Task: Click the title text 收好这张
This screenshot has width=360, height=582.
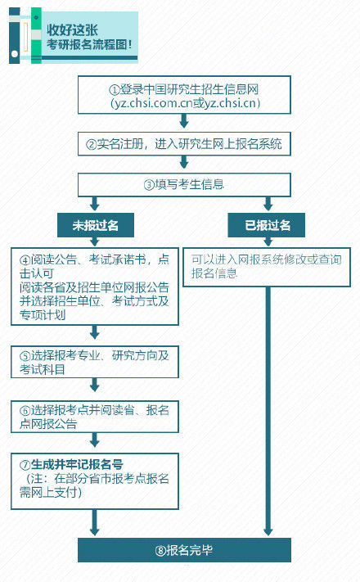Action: [72, 30]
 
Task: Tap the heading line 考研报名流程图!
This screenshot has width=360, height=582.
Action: [89, 45]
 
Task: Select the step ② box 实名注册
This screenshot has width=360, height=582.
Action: [184, 143]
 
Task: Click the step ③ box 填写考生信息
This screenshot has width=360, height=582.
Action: [184, 184]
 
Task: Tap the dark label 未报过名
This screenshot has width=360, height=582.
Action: [96, 225]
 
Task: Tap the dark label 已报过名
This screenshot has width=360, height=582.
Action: [267, 225]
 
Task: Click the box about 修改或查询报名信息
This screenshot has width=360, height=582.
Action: [267, 267]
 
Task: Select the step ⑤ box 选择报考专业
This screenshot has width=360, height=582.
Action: [95, 362]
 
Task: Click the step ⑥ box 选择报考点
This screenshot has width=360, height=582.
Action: [95, 417]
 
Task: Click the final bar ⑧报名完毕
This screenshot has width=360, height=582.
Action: [184, 550]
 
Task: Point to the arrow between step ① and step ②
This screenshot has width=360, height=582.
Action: [184, 121]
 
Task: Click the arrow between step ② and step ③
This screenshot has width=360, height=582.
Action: [184, 162]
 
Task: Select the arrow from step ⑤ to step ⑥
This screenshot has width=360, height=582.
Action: [95, 385]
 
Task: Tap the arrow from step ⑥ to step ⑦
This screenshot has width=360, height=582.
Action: [95, 440]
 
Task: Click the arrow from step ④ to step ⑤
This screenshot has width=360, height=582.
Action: [95, 332]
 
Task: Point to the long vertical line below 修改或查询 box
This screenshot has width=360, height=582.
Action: [268, 411]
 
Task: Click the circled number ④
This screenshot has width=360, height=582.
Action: [25, 259]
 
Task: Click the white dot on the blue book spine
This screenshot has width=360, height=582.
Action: [15, 54]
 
